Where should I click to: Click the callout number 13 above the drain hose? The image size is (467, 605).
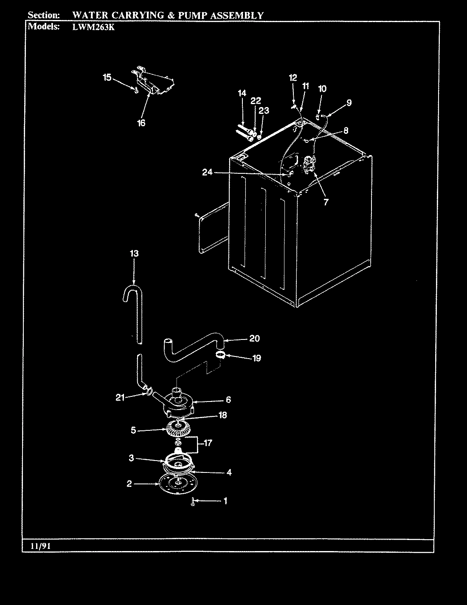[x=134, y=253]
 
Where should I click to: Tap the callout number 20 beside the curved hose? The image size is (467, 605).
[x=254, y=339]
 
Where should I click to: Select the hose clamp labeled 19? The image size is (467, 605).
[x=220, y=355]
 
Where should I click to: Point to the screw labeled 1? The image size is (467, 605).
[x=193, y=502]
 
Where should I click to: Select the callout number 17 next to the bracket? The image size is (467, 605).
[x=208, y=443]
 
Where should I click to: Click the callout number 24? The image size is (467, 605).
[x=207, y=172]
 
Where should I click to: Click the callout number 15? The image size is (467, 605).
[x=107, y=77]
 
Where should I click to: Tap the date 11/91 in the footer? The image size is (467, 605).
[x=41, y=546]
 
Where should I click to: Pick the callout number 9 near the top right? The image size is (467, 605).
[x=349, y=102]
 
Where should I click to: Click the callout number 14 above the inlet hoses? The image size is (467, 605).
[x=242, y=93]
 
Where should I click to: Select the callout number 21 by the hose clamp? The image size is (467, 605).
[x=121, y=397]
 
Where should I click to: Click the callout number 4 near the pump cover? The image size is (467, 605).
[x=229, y=472]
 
